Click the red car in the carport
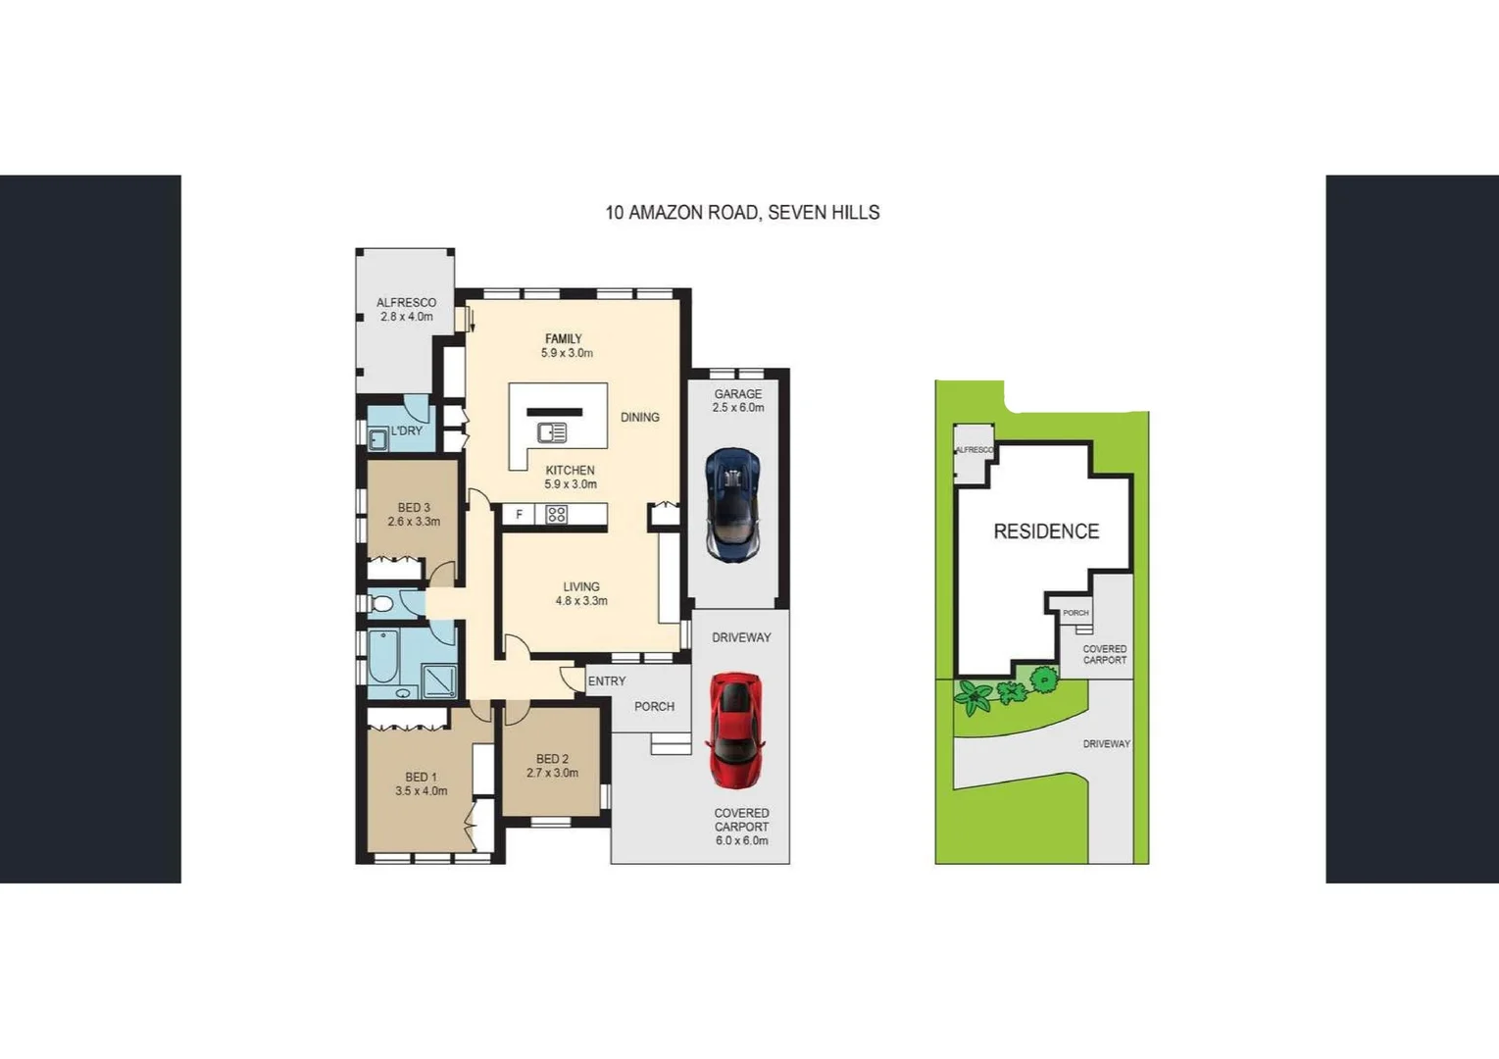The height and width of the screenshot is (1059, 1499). pyautogui.click(x=735, y=730)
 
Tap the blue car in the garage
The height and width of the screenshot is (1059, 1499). pyautogui.click(x=732, y=504)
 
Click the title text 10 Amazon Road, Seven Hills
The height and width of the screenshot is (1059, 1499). pyautogui.click(x=742, y=213)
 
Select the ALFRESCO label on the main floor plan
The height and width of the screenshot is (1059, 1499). pyautogui.click(x=406, y=303)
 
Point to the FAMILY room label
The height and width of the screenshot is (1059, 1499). pyautogui.click(x=564, y=339)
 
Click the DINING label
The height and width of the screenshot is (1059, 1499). pyautogui.click(x=639, y=418)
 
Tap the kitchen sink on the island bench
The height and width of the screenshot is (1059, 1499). pyautogui.click(x=552, y=432)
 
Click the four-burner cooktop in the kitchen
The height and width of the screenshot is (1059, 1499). pyautogui.click(x=556, y=515)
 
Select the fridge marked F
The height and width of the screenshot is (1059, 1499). pyautogui.click(x=519, y=515)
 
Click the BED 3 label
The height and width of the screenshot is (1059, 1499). pyautogui.click(x=414, y=508)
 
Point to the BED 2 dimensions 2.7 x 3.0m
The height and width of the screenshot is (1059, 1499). pyautogui.click(x=552, y=773)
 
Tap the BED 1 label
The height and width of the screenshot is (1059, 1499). pyautogui.click(x=421, y=778)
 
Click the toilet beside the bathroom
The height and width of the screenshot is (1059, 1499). pyautogui.click(x=381, y=603)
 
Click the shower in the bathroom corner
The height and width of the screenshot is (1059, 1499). pyautogui.click(x=438, y=680)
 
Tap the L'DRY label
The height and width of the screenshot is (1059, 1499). pyautogui.click(x=407, y=431)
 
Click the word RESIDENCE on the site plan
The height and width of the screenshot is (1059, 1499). pyautogui.click(x=1046, y=531)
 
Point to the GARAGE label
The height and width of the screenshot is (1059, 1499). pyautogui.click(x=737, y=394)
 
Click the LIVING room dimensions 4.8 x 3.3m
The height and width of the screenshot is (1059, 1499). pyautogui.click(x=581, y=601)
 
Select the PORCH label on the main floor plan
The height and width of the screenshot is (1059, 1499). pyautogui.click(x=654, y=706)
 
